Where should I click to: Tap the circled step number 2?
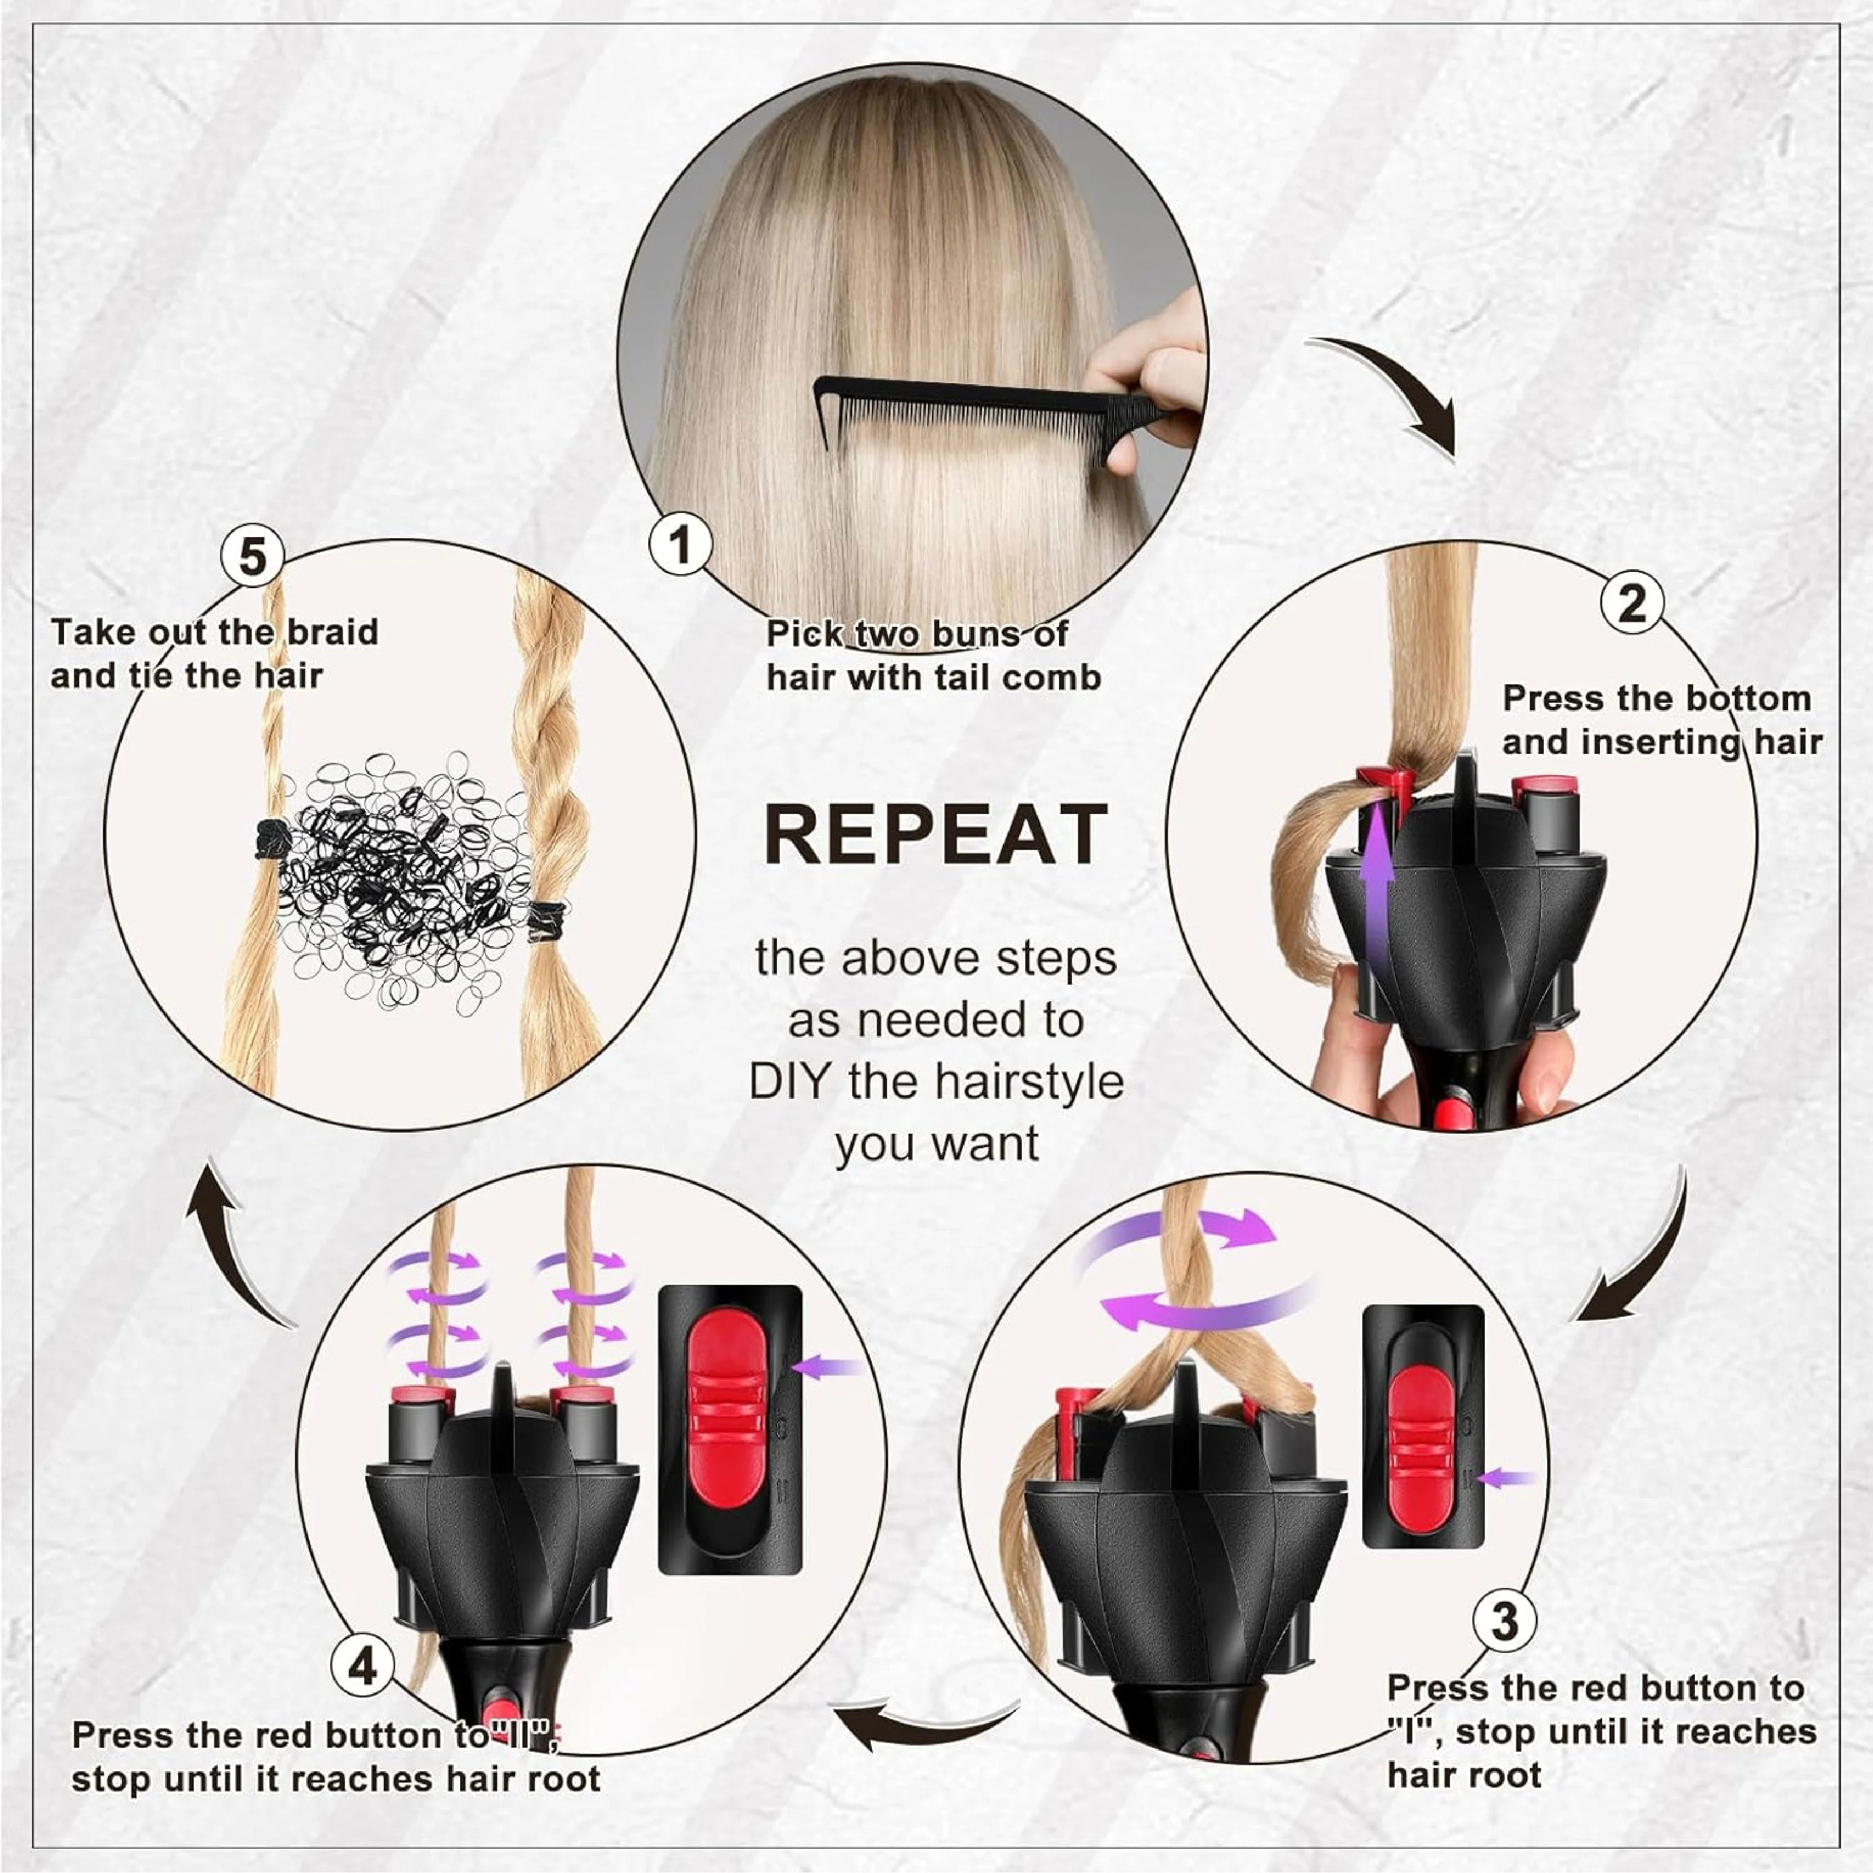click(1631, 603)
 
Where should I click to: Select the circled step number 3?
click(1504, 1620)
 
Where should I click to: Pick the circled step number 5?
click(252, 557)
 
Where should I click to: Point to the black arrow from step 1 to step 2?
click(1396, 388)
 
